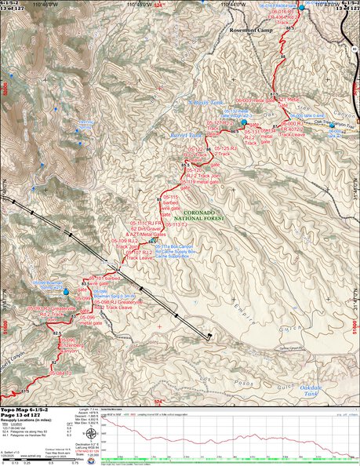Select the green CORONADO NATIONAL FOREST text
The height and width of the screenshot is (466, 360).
click(198, 217)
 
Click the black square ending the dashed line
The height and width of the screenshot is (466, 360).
click(209, 338)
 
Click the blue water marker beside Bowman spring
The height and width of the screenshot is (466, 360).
click(66, 292)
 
